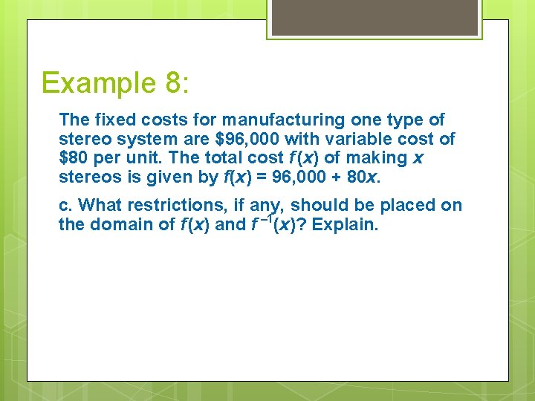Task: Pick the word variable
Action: pyautogui.click(x=365, y=139)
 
